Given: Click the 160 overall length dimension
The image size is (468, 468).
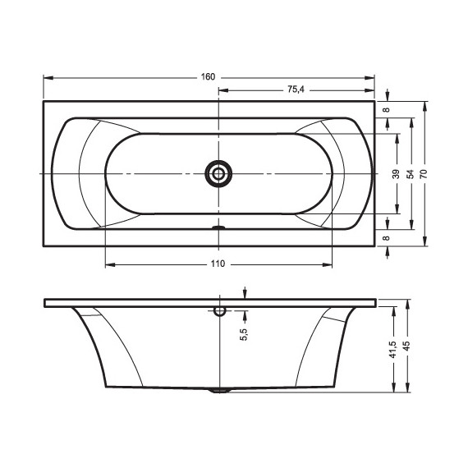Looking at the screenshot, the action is pyautogui.click(x=208, y=77).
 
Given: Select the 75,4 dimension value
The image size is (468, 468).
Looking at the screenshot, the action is pyautogui.click(x=296, y=89).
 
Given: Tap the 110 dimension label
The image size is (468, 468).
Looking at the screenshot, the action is pyautogui.click(x=218, y=264).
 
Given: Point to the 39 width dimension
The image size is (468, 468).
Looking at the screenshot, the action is pyautogui.click(x=396, y=174).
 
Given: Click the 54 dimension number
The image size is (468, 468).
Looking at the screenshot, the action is pyautogui.click(x=411, y=174).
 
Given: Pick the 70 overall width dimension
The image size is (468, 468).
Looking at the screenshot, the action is pyautogui.click(x=424, y=174).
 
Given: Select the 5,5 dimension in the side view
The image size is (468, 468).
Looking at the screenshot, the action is pyautogui.click(x=244, y=334).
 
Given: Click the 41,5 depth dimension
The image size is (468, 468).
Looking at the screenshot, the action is pyautogui.click(x=393, y=350).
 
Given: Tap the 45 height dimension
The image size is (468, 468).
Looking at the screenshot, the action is pyautogui.click(x=406, y=346).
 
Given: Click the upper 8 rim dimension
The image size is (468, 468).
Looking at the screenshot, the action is pyautogui.click(x=387, y=109).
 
